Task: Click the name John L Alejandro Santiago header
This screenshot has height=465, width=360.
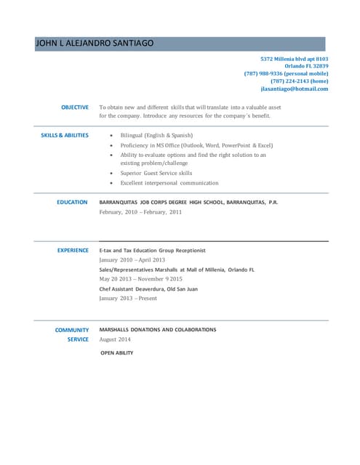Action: click(95, 44)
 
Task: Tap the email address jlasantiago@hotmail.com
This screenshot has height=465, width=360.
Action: click(295, 89)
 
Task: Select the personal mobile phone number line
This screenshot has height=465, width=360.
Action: click(287, 73)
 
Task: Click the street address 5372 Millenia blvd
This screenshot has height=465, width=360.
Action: click(295, 58)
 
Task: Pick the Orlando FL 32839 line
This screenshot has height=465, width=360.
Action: click(306, 66)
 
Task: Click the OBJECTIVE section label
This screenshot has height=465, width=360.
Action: click(75, 108)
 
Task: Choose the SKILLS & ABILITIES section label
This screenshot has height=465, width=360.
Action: click(65, 135)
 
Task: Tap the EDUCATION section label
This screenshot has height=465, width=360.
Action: click(73, 202)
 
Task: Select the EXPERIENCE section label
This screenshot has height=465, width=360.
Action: click(73, 250)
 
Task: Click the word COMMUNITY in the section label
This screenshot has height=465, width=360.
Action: click(72, 330)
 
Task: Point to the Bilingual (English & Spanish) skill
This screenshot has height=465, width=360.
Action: click(156, 135)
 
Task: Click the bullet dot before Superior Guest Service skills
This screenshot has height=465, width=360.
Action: click(111, 174)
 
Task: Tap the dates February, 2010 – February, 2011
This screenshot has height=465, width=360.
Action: click(140, 212)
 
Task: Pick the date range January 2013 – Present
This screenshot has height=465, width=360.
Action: click(128, 298)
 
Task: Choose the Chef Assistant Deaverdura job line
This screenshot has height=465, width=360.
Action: click(148, 288)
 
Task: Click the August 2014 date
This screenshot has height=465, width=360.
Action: click(115, 339)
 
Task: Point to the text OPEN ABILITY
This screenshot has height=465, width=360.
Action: click(116, 352)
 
